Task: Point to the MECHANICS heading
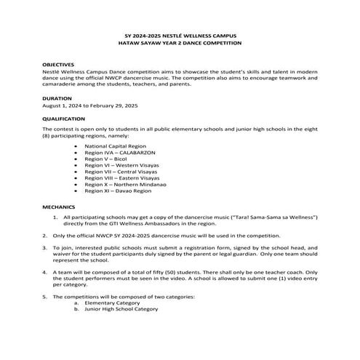58,207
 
